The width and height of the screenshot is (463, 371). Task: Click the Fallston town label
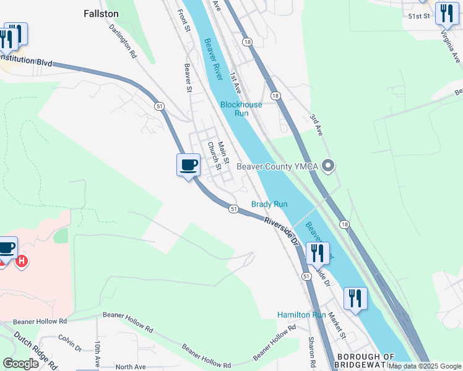click(101, 13)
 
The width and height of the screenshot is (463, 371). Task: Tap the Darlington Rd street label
click(123, 41)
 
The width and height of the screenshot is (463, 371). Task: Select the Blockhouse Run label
click(241, 109)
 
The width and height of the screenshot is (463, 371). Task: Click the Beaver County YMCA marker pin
click(329, 165)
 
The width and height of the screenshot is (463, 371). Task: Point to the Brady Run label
click(269, 204)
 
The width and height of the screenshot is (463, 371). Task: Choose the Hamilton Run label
click(301, 315)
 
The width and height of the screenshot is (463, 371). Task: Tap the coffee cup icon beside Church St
click(189, 165)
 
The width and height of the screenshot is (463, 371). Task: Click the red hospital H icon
click(22, 262)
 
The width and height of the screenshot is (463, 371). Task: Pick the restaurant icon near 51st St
click(447, 13)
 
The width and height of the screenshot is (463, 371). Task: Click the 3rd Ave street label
click(316, 124)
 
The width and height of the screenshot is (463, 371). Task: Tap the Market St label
click(338, 325)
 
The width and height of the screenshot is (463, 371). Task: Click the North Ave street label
click(130, 367)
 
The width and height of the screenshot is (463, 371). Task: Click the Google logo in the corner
click(21, 364)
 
